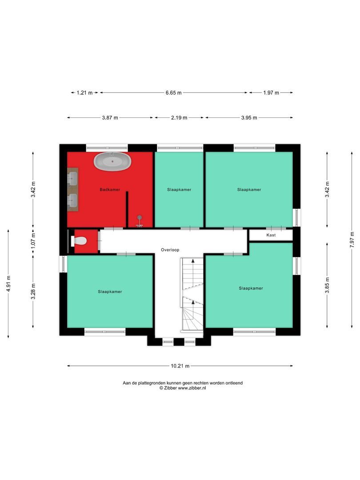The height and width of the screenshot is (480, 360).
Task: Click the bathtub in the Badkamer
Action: pyautogui.click(x=112, y=161)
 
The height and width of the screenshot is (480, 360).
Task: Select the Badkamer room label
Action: pyautogui.click(x=110, y=190)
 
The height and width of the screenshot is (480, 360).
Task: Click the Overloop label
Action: pyautogui.click(x=170, y=250)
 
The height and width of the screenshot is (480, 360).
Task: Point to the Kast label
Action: pyautogui.click(x=271, y=235)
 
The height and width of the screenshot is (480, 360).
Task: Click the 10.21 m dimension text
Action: pyautogui.click(x=180, y=366)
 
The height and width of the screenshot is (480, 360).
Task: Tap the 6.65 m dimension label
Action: pyautogui.click(x=173, y=93)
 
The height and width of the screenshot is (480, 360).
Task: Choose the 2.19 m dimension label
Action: pyautogui.click(x=179, y=118)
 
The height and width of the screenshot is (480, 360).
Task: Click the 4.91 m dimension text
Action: pyautogui.click(x=8, y=284)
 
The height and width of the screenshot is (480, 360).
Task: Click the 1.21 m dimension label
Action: pyautogui.click(x=84, y=93)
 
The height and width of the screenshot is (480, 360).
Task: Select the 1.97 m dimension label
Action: pyautogui.click(x=271, y=93)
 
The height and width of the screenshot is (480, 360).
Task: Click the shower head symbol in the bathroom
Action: pyautogui.click(x=140, y=218)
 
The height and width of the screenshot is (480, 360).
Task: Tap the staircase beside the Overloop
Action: pyautogui.click(x=192, y=293)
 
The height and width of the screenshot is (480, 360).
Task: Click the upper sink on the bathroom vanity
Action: pyautogui.click(x=72, y=178)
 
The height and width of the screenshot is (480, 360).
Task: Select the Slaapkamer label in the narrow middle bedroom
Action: pyautogui.click(x=179, y=190)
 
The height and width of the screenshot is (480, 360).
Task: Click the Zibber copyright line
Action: pyautogui.click(x=183, y=388)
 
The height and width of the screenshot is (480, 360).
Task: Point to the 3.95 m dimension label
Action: pyautogui.click(x=249, y=118)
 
